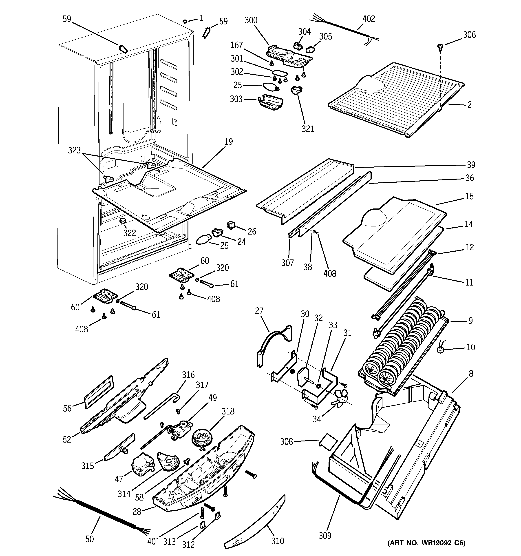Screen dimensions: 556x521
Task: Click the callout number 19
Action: (228, 142)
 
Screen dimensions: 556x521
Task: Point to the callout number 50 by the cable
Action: (89, 539)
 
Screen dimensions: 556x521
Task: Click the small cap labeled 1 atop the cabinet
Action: (185, 21)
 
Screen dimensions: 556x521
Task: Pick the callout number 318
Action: (228, 411)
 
